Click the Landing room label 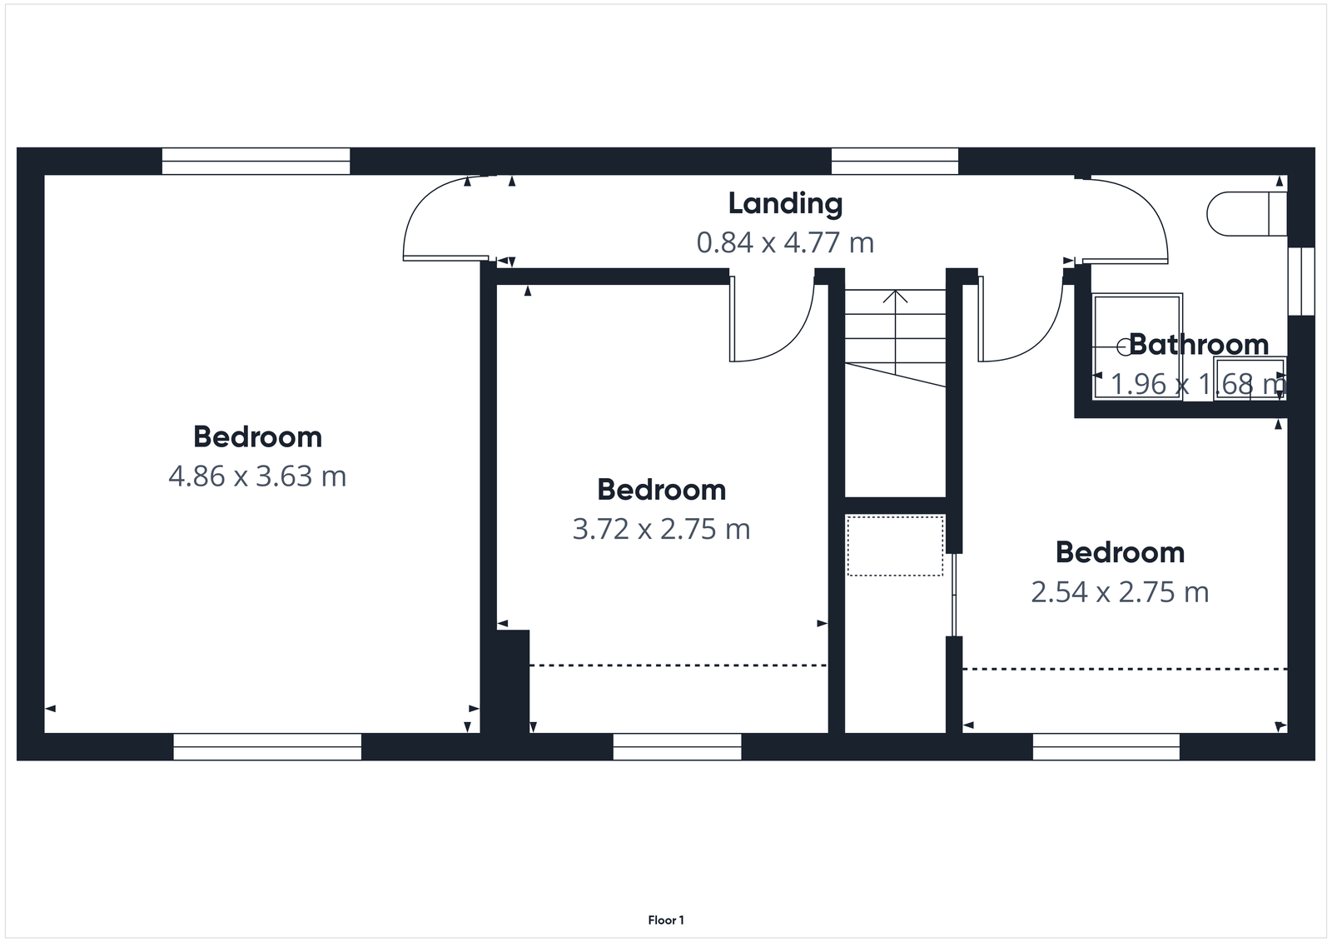coord(785,203)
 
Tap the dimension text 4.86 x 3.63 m coord(257,476)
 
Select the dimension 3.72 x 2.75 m coord(661,529)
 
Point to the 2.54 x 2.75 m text coord(1120,592)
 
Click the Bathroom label coord(1198,344)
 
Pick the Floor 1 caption coord(666,920)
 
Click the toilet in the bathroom coord(1240,213)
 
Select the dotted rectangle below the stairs coord(895,546)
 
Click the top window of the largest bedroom coord(256,161)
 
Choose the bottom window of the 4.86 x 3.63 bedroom coord(267,746)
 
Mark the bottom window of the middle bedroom coord(677,746)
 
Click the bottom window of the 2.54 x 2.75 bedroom coord(1106,746)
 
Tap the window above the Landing coord(894,161)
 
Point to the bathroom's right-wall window coord(1300,281)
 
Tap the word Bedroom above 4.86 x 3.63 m coord(257,437)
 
